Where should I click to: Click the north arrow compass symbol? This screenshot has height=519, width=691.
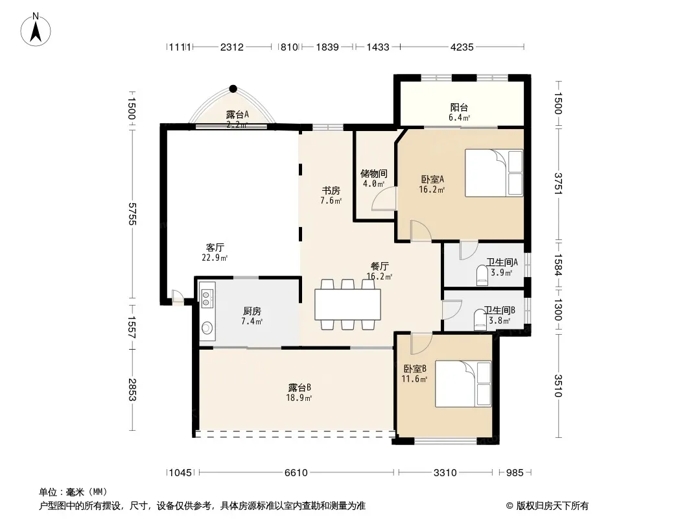(x=36, y=29)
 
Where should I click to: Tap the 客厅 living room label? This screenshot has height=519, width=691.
(x=215, y=247)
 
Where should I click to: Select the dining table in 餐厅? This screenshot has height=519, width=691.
(x=347, y=304)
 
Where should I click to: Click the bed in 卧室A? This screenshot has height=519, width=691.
(x=494, y=173)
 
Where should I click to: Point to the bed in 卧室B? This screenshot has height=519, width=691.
(x=463, y=383)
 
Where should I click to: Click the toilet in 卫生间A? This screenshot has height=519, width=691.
(x=482, y=274)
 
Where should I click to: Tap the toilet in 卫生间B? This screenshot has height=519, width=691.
(x=480, y=319)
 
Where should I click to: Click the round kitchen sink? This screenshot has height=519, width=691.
(x=207, y=328)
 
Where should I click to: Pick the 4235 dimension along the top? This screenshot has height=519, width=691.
(x=462, y=47)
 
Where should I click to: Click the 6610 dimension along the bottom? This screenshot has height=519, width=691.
(x=296, y=473)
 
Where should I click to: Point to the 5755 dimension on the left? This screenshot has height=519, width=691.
(x=132, y=214)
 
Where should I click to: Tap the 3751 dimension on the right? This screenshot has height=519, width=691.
(x=558, y=183)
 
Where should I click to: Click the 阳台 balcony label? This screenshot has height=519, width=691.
(x=459, y=107)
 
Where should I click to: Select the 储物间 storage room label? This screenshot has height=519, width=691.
(x=374, y=173)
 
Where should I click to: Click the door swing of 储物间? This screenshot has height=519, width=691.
(x=384, y=199)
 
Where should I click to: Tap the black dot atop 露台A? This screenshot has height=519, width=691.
(x=233, y=89)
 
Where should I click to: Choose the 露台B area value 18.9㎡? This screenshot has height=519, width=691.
(x=299, y=398)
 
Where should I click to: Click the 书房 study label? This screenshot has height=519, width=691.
(x=331, y=191)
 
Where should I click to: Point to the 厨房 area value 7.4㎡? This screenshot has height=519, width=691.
(x=252, y=321)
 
